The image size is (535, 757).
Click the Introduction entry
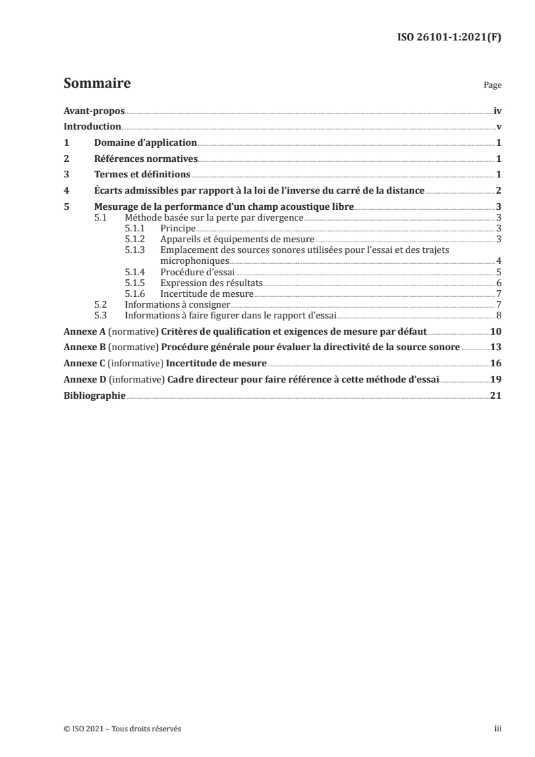(x=92, y=127)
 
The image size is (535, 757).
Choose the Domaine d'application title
(x=146, y=143)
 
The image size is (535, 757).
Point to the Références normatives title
(x=146, y=159)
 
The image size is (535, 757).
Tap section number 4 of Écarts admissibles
(x=65, y=191)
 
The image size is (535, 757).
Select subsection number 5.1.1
(x=135, y=229)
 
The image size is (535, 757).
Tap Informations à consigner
(x=178, y=304)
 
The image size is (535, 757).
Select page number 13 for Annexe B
(x=495, y=347)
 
